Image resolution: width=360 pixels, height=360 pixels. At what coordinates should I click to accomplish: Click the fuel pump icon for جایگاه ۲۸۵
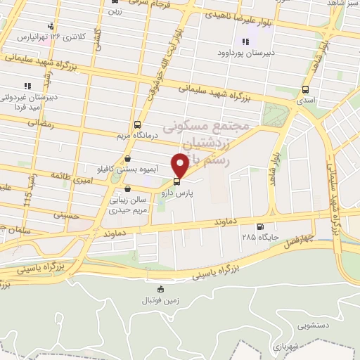point(261,226)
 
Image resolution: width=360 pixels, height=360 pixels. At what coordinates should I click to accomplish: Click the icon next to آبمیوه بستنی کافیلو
point(127,159)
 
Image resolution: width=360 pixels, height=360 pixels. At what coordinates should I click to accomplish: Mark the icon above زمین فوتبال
point(161,289)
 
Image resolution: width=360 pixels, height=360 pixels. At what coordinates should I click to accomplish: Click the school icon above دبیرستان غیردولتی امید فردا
point(27,86)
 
